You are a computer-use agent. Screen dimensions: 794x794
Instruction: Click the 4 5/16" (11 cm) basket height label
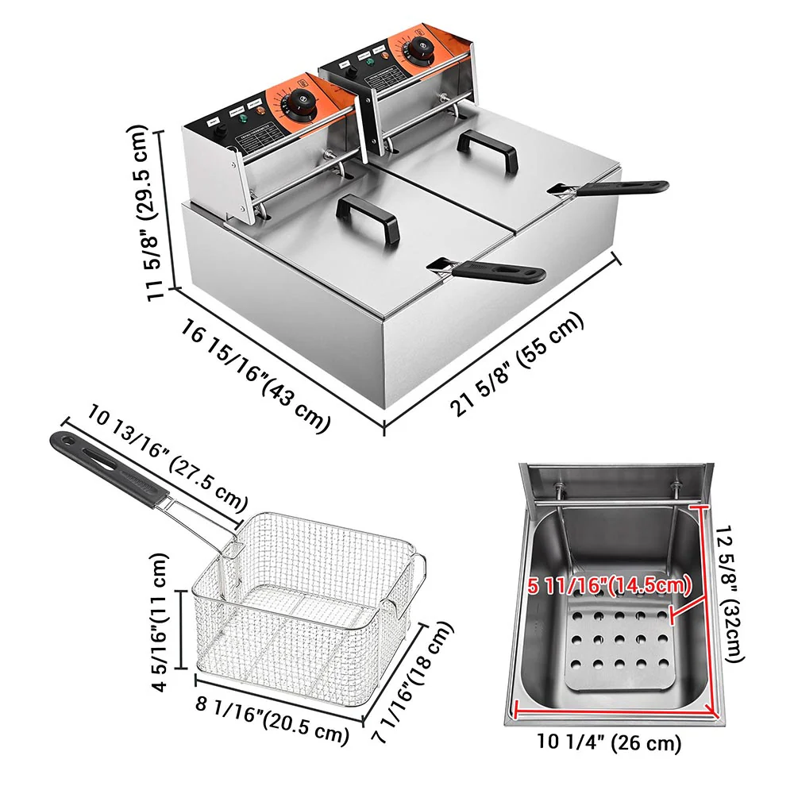[x=162, y=623]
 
